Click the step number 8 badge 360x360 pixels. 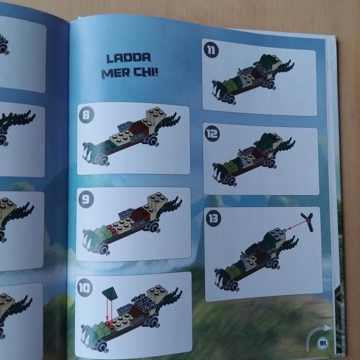(86, 114)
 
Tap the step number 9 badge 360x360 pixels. (86, 199)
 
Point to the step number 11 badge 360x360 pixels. (211, 50)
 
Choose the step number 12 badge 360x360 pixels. (212, 134)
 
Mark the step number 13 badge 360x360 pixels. (213, 218)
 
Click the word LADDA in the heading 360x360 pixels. (128, 58)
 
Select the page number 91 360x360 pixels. (322, 343)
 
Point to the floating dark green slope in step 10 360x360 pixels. (110, 293)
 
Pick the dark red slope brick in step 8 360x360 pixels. (139, 128)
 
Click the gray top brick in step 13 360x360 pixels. (278, 234)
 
